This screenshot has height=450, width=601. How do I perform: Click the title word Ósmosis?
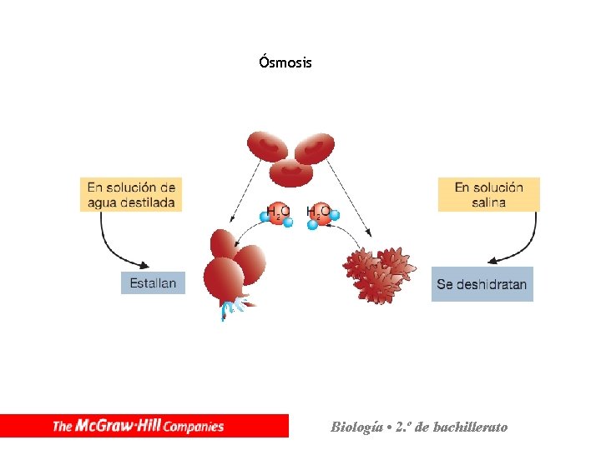285,62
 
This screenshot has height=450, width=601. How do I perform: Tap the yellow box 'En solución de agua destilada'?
131,194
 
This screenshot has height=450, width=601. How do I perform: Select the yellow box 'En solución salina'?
489,194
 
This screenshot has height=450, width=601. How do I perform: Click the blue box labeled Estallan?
153,283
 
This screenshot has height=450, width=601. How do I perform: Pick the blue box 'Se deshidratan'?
482,284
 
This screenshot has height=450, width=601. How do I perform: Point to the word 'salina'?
488,202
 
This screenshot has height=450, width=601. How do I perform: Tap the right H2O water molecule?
320,214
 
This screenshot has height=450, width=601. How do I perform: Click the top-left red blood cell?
267,147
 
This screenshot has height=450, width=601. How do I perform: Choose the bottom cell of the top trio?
290,172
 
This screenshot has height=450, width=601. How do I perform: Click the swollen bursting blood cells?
228,267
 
